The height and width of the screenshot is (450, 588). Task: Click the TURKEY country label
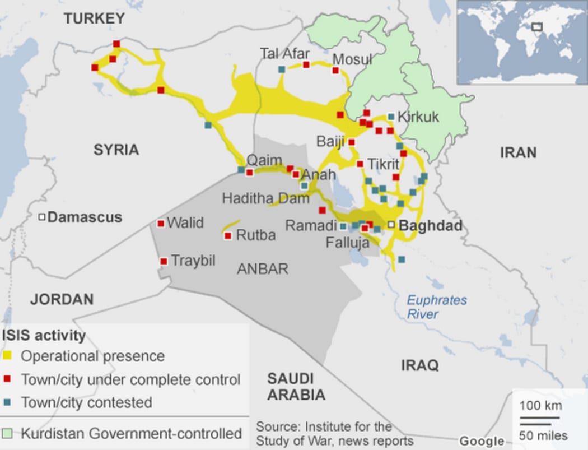point(94,18)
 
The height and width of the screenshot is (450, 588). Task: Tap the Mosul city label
point(352,59)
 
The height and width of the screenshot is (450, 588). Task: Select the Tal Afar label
point(284,54)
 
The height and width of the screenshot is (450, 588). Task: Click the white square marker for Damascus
point(41,217)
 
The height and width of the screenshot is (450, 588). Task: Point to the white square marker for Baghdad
point(391,225)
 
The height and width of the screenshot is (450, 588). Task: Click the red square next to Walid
point(161,224)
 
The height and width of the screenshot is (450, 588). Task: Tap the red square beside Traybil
point(164,261)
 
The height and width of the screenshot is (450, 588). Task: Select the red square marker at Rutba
point(228,236)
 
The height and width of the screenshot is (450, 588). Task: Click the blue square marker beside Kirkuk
point(390,117)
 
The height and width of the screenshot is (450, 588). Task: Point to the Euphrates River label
point(436,307)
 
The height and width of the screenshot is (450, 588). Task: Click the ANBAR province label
point(263,269)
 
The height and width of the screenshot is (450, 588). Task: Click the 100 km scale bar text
point(540,406)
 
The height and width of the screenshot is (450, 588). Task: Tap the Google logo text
point(482,441)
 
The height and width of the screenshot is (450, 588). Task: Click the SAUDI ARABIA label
point(296,386)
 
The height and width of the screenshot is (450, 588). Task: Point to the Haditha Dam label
point(265,198)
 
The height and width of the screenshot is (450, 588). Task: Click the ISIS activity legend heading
point(44,336)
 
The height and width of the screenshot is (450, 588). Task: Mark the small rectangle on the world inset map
point(537,26)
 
